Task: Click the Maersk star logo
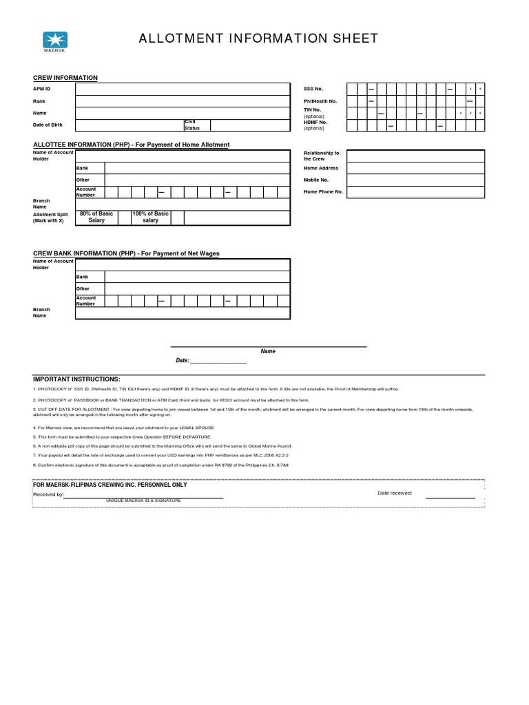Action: click(x=52, y=39)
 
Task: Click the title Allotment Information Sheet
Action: click(x=259, y=39)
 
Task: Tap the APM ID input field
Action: click(x=182, y=90)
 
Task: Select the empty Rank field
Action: click(x=182, y=101)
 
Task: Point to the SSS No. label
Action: click(x=313, y=89)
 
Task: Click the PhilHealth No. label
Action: click(x=320, y=101)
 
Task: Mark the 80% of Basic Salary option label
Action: click(x=96, y=217)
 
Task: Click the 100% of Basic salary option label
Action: click(x=150, y=217)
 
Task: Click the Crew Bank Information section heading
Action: click(x=126, y=253)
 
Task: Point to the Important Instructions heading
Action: click(x=76, y=379)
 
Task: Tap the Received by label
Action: click(x=49, y=494)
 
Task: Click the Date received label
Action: click(x=395, y=493)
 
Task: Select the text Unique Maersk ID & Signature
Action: click(x=143, y=500)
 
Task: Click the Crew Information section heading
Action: click(x=65, y=78)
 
